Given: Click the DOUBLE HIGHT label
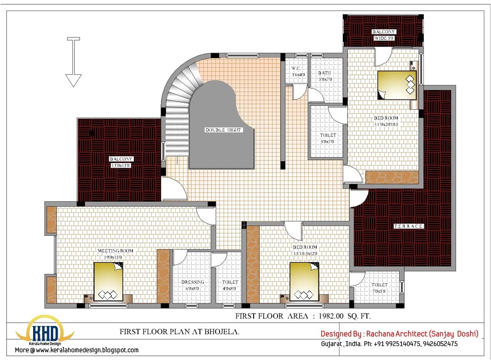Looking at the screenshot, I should coord(224,130).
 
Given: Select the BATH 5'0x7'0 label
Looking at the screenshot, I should coord(325,76).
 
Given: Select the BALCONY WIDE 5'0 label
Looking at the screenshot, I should coord(384,35).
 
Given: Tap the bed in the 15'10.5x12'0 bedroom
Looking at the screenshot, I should coord(304,282).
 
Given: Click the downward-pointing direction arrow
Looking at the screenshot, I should coord(73,62).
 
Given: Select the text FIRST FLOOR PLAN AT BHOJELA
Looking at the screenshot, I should coord(179,332).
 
